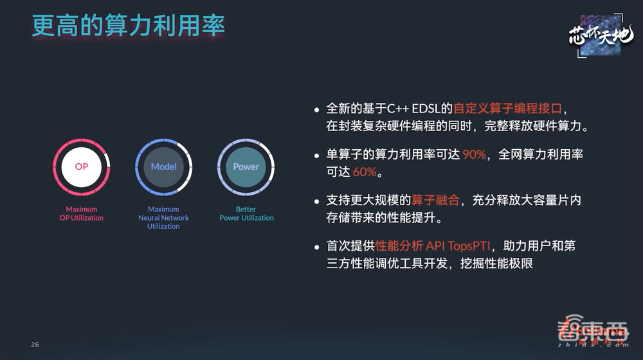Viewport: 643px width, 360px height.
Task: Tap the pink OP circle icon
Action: click(82, 166)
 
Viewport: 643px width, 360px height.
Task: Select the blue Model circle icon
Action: click(163, 166)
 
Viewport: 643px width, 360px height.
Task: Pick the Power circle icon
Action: click(246, 166)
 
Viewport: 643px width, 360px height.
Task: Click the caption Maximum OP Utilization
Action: click(82, 213)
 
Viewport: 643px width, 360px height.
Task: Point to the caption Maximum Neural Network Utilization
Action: click(163, 217)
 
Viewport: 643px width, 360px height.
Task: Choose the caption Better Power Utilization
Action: click(246, 213)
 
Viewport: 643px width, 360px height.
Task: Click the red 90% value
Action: click(474, 156)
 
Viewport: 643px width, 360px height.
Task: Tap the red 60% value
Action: click(364, 172)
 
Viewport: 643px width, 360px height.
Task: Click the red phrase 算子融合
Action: click(436, 201)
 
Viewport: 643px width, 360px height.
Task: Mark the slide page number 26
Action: click(35, 345)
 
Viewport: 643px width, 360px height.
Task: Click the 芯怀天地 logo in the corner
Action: click(601, 36)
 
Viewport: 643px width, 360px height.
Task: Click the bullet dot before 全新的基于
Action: click(316, 109)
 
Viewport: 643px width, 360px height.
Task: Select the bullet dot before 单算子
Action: click(316, 156)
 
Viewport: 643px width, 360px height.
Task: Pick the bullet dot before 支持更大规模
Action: click(316, 201)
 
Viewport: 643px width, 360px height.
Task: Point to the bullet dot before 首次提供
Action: click(316, 246)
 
